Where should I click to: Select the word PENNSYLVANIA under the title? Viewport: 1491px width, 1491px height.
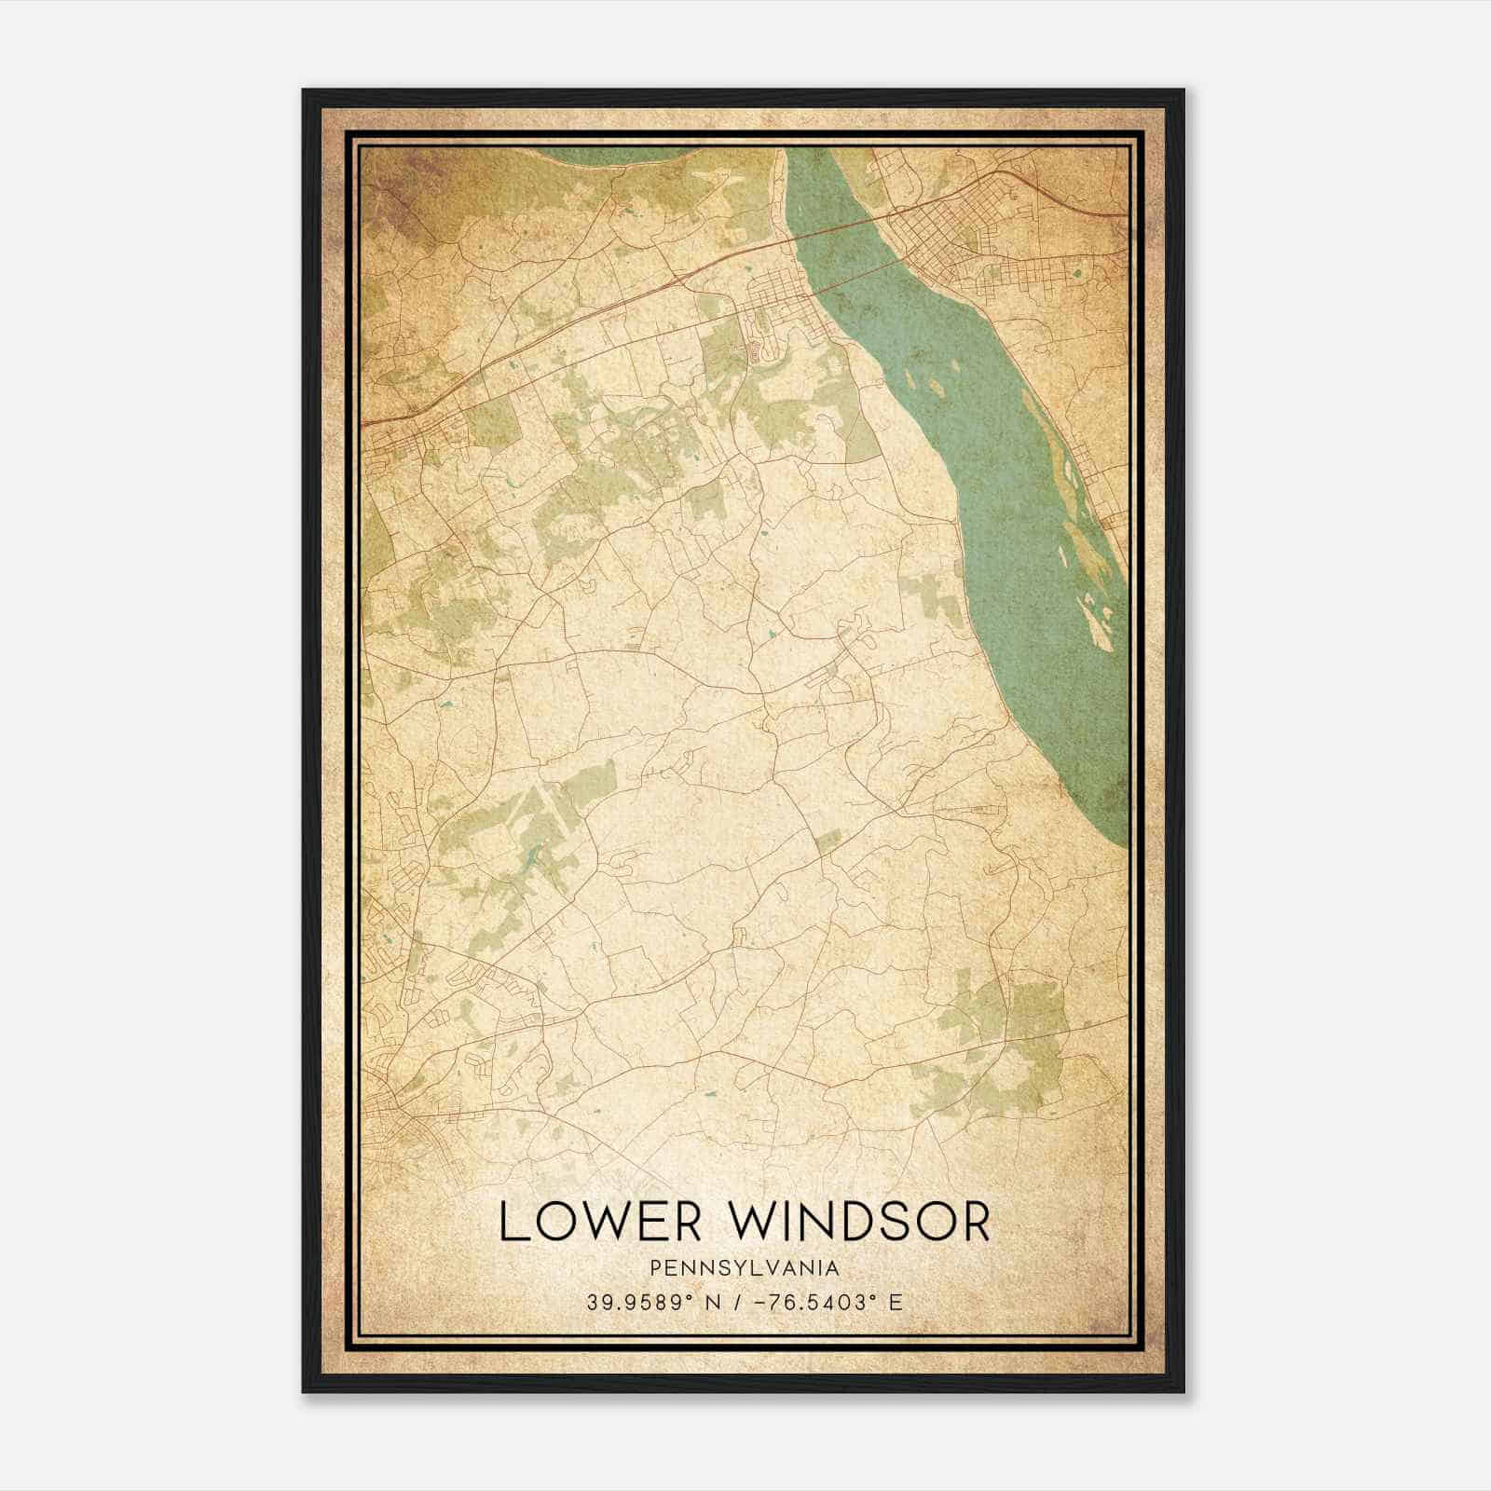pos(745,1268)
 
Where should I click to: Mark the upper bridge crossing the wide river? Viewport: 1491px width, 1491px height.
pos(843,228)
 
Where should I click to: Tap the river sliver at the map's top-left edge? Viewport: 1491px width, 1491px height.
pos(596,154)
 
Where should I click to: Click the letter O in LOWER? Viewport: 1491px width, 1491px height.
pos(551,1222)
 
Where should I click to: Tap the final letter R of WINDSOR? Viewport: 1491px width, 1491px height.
pos(973,1222)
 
